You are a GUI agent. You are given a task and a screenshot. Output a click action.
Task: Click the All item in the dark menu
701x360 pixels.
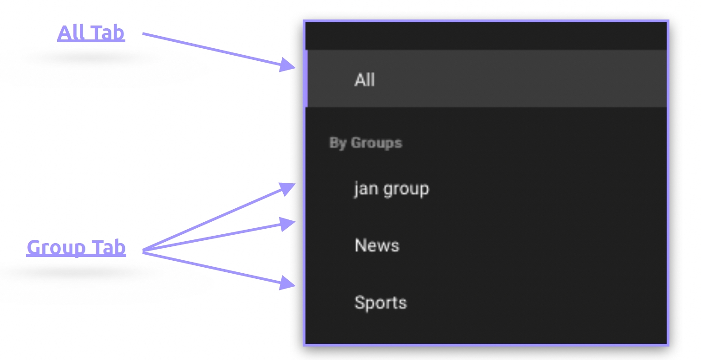(x=364, y=80)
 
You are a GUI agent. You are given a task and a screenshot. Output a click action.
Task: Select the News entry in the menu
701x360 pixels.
(x=376, y=245)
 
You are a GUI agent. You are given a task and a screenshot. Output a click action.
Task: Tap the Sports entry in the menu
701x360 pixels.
(x=380, y=302)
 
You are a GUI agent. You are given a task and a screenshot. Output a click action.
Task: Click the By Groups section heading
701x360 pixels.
(x=365, y=142)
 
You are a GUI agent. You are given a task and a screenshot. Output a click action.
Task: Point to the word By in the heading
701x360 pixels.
(x=338, y=142)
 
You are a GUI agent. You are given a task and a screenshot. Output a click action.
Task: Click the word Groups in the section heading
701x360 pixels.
(x=376, y=142)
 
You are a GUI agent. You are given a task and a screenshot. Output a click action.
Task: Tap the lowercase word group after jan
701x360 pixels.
(x=404, y=189)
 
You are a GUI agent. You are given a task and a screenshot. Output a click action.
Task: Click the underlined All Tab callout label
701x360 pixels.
(x=91, y=33)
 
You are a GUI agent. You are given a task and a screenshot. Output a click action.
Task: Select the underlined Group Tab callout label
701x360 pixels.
(x=76, y=247)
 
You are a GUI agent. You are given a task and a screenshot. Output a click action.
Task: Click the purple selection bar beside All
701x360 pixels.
(x=306, y=78)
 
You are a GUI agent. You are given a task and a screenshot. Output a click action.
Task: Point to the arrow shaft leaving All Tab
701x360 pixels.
(x=209, y=48)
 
